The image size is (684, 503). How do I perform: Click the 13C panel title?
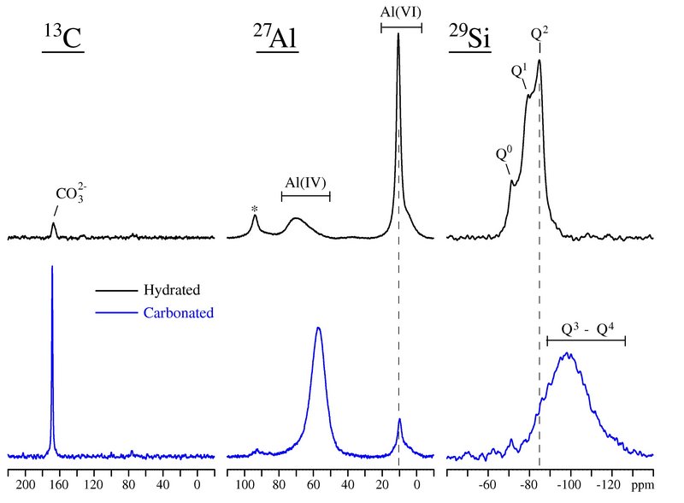pyautogui.click(x=63, y=38)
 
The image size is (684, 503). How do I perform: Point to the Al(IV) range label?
pyautogui.click(x=305, y=181)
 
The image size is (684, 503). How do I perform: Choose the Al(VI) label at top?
pyautogui.click(x=401, y=12)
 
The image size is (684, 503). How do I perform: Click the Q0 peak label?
pyautogui.click(x=504, y=154)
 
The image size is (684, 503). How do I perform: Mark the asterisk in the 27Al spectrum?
pyautogui.click(x=255, y=209)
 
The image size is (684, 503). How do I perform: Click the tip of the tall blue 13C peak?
pyautogui.click(x=52, y=266)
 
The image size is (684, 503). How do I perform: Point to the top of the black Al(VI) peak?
pyautogui.click(x=398, y=35)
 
